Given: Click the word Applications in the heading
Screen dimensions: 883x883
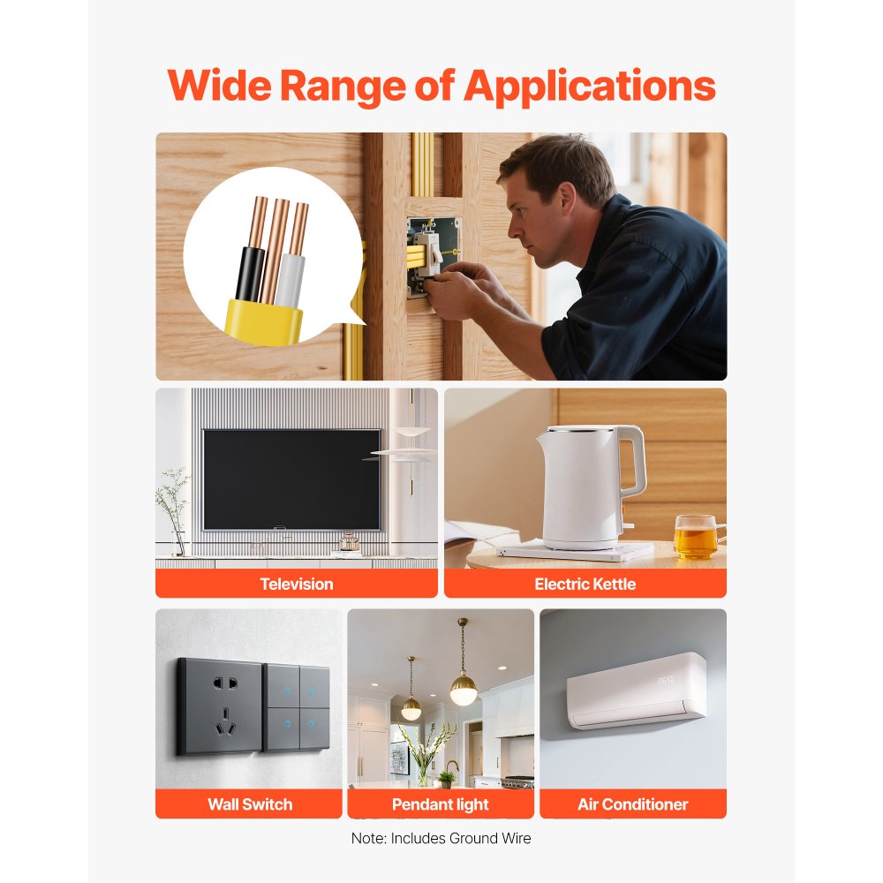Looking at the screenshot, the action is [x=589, y=87].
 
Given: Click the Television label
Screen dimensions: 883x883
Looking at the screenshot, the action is [x=297, y=584].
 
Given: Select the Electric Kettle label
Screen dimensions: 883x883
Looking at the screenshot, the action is [x=585, y=584].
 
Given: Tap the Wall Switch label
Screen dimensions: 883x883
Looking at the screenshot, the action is [x=250, y=804].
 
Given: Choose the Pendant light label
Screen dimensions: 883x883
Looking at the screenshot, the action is [x=441, y=804].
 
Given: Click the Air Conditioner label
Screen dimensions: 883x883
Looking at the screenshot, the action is [x=633, y=804].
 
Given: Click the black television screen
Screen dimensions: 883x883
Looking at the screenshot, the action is [x=291, y=479].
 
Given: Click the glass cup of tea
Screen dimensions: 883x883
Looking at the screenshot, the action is [x=698, y=537].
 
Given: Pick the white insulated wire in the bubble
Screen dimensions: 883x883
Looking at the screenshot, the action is [x=291, y=281].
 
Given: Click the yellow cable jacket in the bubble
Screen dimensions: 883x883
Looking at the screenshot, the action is [x=262, y=322].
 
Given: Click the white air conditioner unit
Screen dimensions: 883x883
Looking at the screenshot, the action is [x=637, y=691].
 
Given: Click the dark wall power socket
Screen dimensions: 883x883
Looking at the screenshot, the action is [x=220, y=707].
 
